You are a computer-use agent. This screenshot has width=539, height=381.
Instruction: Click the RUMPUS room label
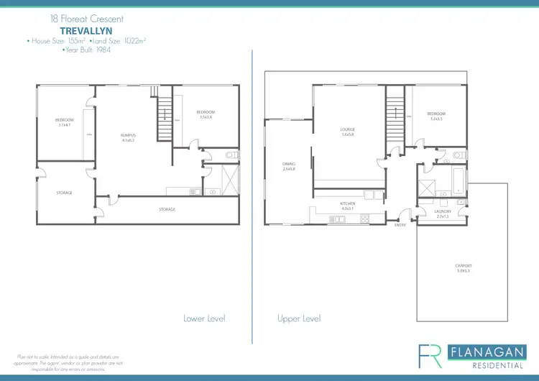[x=129, y=137]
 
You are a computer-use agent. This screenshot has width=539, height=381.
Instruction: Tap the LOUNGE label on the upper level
[x=348, y=132]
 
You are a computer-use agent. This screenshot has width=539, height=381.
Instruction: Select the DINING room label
[x=289, y=166]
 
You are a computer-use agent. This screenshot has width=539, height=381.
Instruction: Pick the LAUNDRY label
[x=443, y=214]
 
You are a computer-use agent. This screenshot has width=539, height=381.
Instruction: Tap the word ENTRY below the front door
[x=400, y=225]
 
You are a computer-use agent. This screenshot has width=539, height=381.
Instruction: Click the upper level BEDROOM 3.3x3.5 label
[x=436, y=116]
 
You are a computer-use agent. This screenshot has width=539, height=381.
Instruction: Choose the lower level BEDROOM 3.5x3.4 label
[x=206, y=114]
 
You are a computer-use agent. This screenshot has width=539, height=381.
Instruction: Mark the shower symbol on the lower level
[x=230, y=177]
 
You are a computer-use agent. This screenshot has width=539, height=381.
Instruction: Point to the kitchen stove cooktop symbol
[x=364, y=218]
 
